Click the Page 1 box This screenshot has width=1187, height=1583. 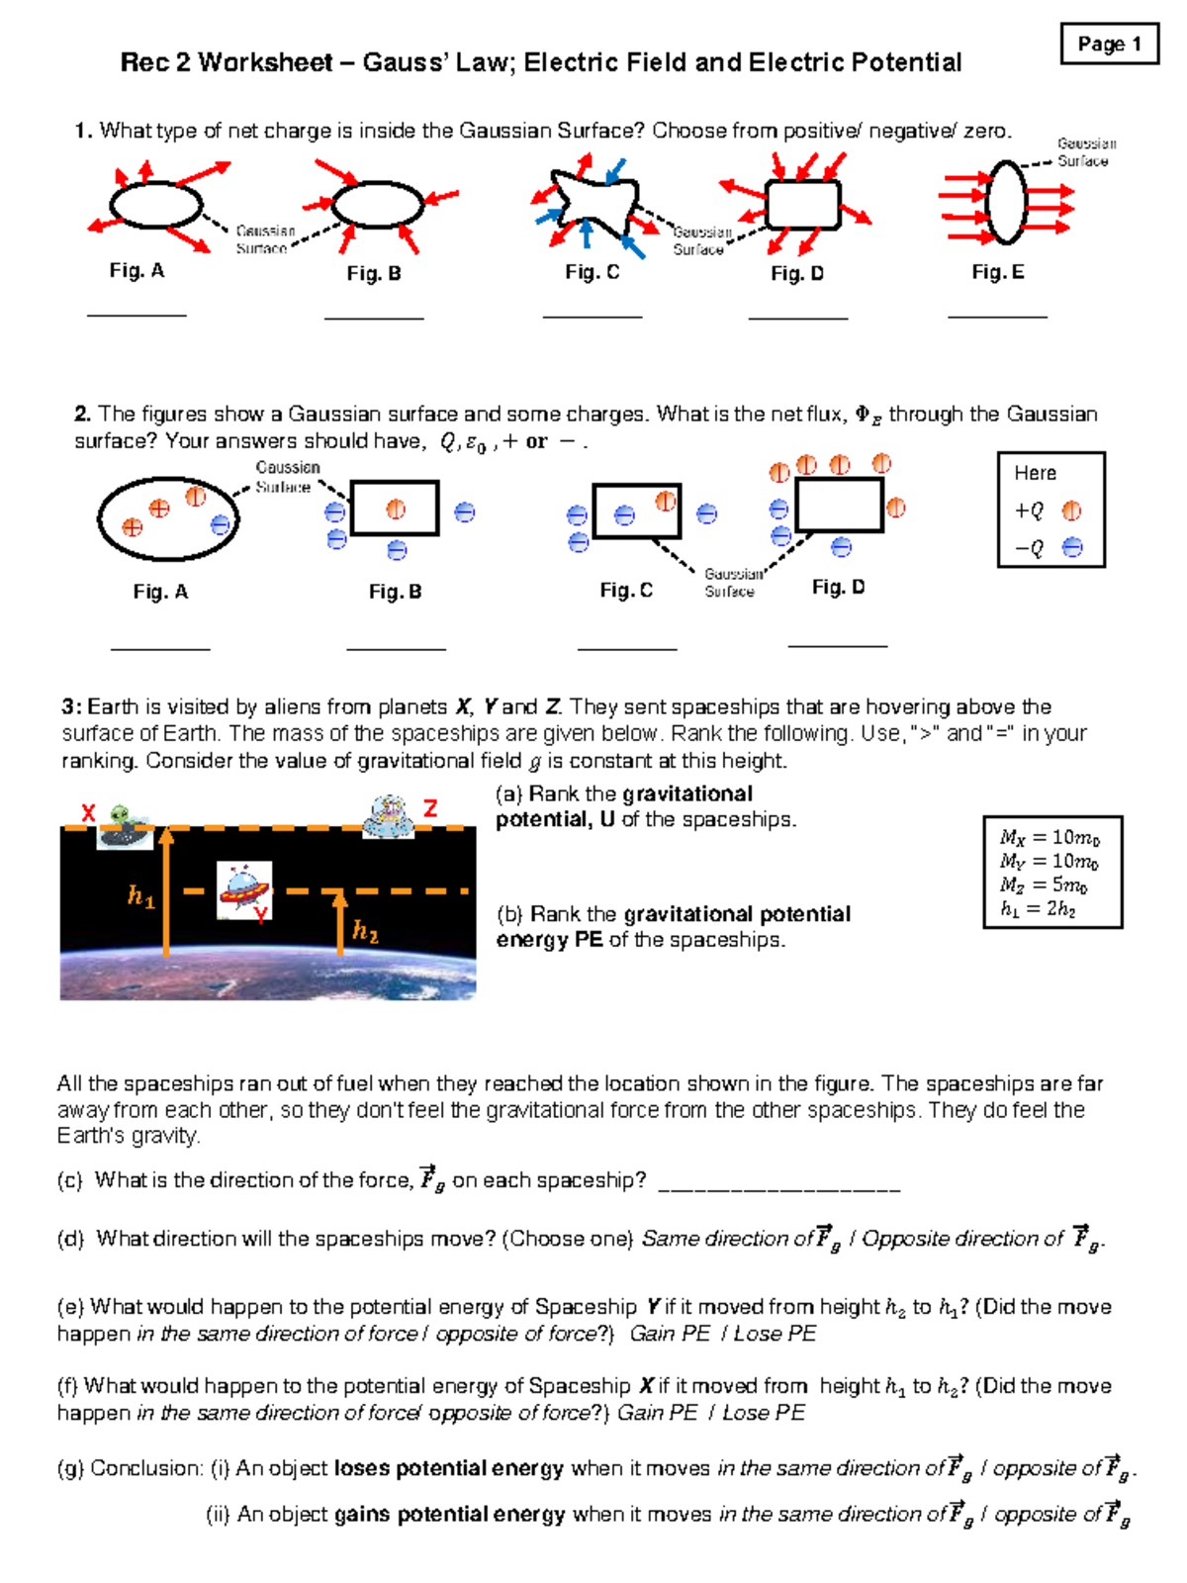pyautogui.click(x=1109, y=44)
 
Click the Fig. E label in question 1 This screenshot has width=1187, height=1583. pyautogui.click(x=997, y=272)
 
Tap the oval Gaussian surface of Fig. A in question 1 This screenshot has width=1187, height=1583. pyautogui.click(x=155, y=206)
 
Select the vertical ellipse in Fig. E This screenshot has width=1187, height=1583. pyautogui.click(x=1007, y=203)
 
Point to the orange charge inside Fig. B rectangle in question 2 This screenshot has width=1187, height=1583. pyautogui.click(x=396, y=509)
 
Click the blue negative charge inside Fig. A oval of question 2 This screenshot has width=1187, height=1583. pyautogui.click(x=221, y=524)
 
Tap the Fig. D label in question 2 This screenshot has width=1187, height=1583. pyautogui.click(x=838, y=587)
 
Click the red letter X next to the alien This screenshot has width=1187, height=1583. pyautogui.click(x=88, y=813)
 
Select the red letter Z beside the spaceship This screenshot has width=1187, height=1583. pyautogui.click(x=430, y=808)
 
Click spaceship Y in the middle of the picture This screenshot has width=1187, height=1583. pyautogui.click(x=242, y=887)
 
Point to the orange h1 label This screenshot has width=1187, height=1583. pyautogui.click(x=140, y=896)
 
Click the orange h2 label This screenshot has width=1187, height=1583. pyautogui.click(x=365, y=931)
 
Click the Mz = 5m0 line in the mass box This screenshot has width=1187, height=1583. pyautogui.click(x=1043, y=885)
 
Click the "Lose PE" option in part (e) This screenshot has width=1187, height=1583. pyautogui.click(x=775, y=1334)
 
